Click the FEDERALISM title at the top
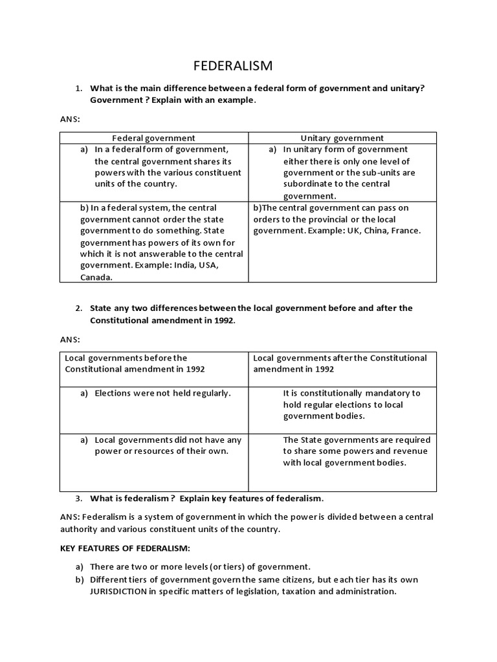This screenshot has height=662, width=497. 234,66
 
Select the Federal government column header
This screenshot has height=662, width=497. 154,138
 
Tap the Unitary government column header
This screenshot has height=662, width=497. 342,138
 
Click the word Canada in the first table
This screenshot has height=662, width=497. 95,277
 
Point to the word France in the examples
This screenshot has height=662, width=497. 405,231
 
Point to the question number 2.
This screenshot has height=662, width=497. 78,308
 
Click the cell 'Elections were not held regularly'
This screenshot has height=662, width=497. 162,392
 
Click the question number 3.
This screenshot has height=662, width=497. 78,498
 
